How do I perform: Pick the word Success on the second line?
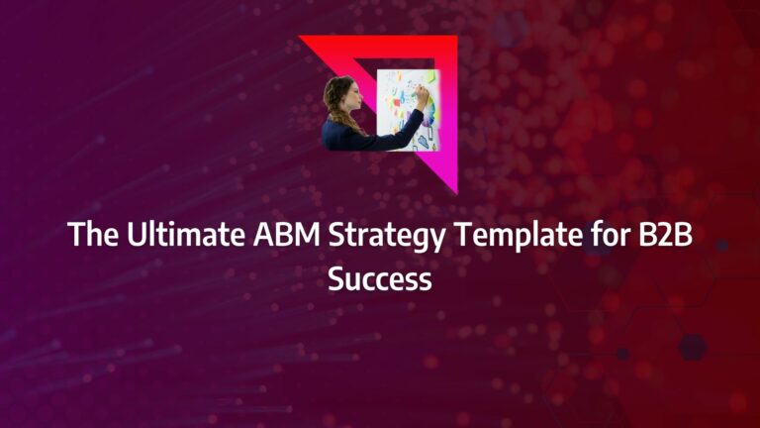[x=380, y=279]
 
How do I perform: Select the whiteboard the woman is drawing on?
[x=401, y=109]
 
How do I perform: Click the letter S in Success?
[x=336, y=279]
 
